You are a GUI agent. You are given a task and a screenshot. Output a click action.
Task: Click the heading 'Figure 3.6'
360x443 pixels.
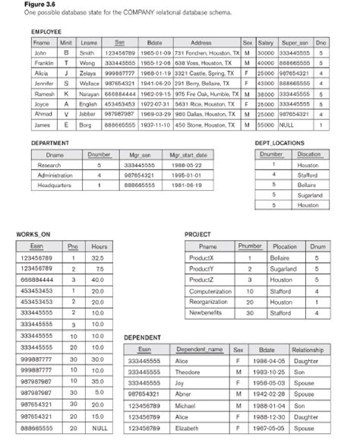[18, 5]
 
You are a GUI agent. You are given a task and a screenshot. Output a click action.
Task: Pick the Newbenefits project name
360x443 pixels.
[207, 312]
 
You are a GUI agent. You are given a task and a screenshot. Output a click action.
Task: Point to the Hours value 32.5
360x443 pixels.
[98, 258]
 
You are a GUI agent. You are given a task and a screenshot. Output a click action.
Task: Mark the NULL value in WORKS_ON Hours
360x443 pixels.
[99, 429]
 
